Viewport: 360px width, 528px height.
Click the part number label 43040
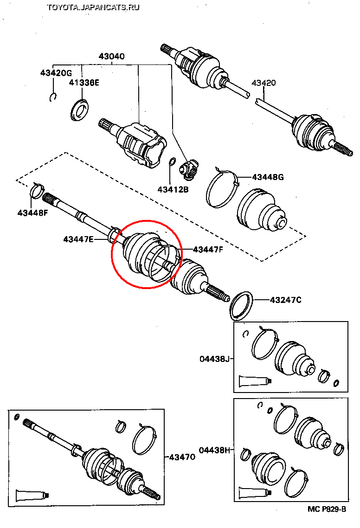tap(111, 57)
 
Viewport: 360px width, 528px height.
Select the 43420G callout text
tap(56, 73)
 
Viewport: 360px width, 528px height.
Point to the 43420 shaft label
tap(264, 84)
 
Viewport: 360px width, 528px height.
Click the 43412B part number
tap(173, 189)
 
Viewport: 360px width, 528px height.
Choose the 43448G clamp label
tap(267, 177)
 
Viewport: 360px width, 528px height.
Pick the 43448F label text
tap(33, 213)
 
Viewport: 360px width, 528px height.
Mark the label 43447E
tap(78, 239)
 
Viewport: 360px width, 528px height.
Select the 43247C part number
tap(286, 300)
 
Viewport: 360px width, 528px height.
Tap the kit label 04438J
tap(215, 359)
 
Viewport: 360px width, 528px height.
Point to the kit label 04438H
tap(215, 450)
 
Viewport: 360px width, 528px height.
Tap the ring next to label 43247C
tap(241, 306)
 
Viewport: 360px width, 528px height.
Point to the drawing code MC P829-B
tap(327, 509)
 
